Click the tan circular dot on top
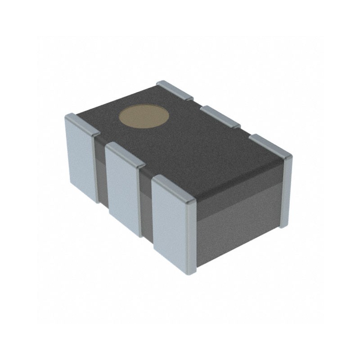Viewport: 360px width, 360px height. [144, 118]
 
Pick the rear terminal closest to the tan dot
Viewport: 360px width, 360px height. [175, 90]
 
